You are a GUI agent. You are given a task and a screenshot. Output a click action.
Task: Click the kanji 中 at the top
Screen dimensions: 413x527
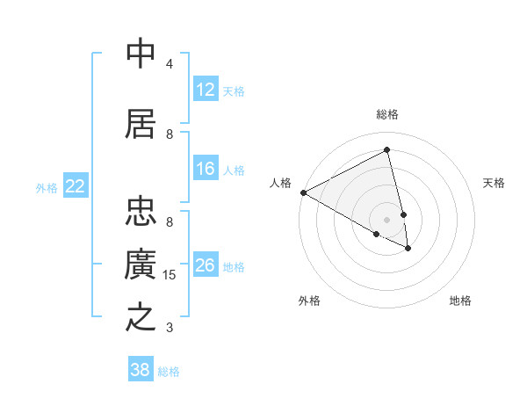coord(141,54)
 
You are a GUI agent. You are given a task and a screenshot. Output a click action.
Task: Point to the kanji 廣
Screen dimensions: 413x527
coord(141,264)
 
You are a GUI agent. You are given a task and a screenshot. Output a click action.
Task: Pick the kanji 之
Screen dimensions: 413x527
coord(141,317)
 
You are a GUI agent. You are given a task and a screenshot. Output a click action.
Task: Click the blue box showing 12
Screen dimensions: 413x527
coord(206,90)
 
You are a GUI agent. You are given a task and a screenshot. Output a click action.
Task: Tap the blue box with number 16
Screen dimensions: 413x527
coord(206,169)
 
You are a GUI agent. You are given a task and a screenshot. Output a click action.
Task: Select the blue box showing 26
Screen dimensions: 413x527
coord(206,265)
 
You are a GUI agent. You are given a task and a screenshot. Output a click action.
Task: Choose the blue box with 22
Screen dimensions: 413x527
coord(76,186)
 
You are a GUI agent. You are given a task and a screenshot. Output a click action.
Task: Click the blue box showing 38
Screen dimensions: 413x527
coord(141,370)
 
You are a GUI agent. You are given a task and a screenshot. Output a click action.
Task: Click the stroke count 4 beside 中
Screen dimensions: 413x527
coord(170,64)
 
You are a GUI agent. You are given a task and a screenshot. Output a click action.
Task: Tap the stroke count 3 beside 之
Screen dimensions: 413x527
coord(170,328)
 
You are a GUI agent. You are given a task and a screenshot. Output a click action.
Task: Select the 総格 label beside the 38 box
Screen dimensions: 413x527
coord(169,372)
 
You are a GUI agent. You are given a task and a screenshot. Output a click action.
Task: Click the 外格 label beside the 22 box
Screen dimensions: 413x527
coord(47,187)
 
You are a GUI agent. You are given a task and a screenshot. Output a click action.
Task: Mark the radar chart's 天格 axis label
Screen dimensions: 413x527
coord(495,183)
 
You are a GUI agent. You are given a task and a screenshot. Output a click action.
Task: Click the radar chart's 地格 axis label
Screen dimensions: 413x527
coord(460,301)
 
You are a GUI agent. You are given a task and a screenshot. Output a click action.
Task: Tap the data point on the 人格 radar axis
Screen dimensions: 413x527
coord(303,192)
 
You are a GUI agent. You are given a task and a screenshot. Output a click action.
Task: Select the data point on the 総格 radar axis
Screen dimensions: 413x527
coord(387,149)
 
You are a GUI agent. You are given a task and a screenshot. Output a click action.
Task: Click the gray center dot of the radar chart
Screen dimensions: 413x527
coord(387,219)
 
